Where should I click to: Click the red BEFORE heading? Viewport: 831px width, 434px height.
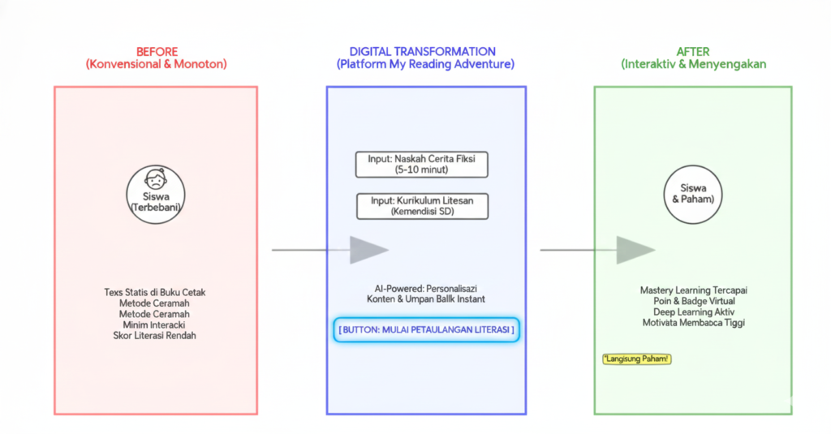(155, 50)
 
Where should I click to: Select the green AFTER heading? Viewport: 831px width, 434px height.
(693, 50)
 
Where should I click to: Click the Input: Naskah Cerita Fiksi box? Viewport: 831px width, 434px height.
(422, 165)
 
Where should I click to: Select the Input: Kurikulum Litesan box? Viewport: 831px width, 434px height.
(422, 205)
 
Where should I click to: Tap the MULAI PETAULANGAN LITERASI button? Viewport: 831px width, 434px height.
(426, 330)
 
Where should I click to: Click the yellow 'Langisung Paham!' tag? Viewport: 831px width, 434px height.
(637, 359)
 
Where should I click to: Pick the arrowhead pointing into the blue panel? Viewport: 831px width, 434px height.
(368, 250)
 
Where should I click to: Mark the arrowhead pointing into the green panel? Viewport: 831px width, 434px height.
(635, 250)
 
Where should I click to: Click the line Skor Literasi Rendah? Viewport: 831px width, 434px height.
(155, 335)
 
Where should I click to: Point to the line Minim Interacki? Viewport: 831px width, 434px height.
(155, 324)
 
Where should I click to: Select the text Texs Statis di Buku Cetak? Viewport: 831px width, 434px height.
(155, 292)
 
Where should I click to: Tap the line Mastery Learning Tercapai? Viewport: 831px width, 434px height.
(693, 290)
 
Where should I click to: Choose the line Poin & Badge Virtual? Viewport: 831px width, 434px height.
(693, 301)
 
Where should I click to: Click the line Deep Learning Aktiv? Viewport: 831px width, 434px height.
(693, 312)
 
